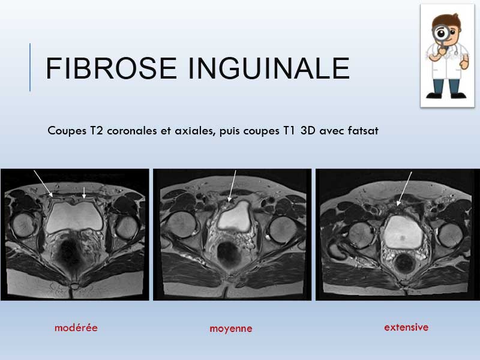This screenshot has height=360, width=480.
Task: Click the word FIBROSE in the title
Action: pos(111,68)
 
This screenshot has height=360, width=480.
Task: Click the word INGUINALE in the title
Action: pos(269,68)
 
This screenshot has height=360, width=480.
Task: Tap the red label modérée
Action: pos(76,328)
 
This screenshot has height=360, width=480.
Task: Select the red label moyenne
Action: pos(231,329)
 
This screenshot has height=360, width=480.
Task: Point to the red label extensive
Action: pos(406,327)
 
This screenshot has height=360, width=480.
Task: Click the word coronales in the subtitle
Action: pos(132,131)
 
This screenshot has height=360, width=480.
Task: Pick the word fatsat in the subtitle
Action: pos(363,131)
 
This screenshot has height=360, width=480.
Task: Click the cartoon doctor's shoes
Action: pos(446,96)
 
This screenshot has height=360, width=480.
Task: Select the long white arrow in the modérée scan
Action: pos(43,184)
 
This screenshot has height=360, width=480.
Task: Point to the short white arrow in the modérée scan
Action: pos(84,192)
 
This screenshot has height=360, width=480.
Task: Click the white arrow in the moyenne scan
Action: pos(232,186)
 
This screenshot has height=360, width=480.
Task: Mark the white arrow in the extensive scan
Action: pos(404,188)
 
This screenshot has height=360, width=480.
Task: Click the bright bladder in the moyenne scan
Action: pos(235,216)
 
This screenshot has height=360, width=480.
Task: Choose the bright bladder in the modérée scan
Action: pos(74,217)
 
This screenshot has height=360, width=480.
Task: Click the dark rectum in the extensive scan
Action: pos(404,264)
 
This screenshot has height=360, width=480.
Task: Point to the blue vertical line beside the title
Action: pos(30,67)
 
